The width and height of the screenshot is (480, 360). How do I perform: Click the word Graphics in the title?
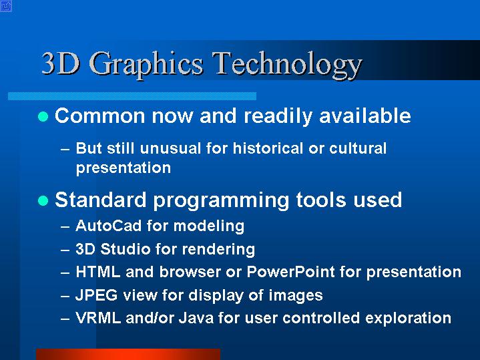pos(146,65)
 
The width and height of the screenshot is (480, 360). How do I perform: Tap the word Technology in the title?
pos(287,65)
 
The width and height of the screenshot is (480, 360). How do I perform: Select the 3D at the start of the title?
pos(60,63)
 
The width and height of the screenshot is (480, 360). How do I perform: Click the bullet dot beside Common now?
pos(43,116)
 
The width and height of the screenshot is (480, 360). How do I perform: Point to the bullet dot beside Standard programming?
pos(43,200)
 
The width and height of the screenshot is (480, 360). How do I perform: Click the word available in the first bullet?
pos(365,116)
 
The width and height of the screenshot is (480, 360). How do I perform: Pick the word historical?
pos(268,148)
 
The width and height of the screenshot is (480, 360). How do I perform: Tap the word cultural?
pos(358,148)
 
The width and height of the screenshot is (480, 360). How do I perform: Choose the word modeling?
pos(209,226)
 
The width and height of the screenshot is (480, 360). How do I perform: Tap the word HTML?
pos(97,272)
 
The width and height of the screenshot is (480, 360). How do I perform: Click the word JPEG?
pos(96,295)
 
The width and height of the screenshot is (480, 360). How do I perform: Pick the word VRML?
pos(98,318)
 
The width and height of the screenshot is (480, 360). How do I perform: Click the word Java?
pos(196,318)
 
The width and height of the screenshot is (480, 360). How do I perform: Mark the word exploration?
pos(408,319)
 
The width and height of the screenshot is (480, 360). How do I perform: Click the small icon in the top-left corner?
pos(6,6)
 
